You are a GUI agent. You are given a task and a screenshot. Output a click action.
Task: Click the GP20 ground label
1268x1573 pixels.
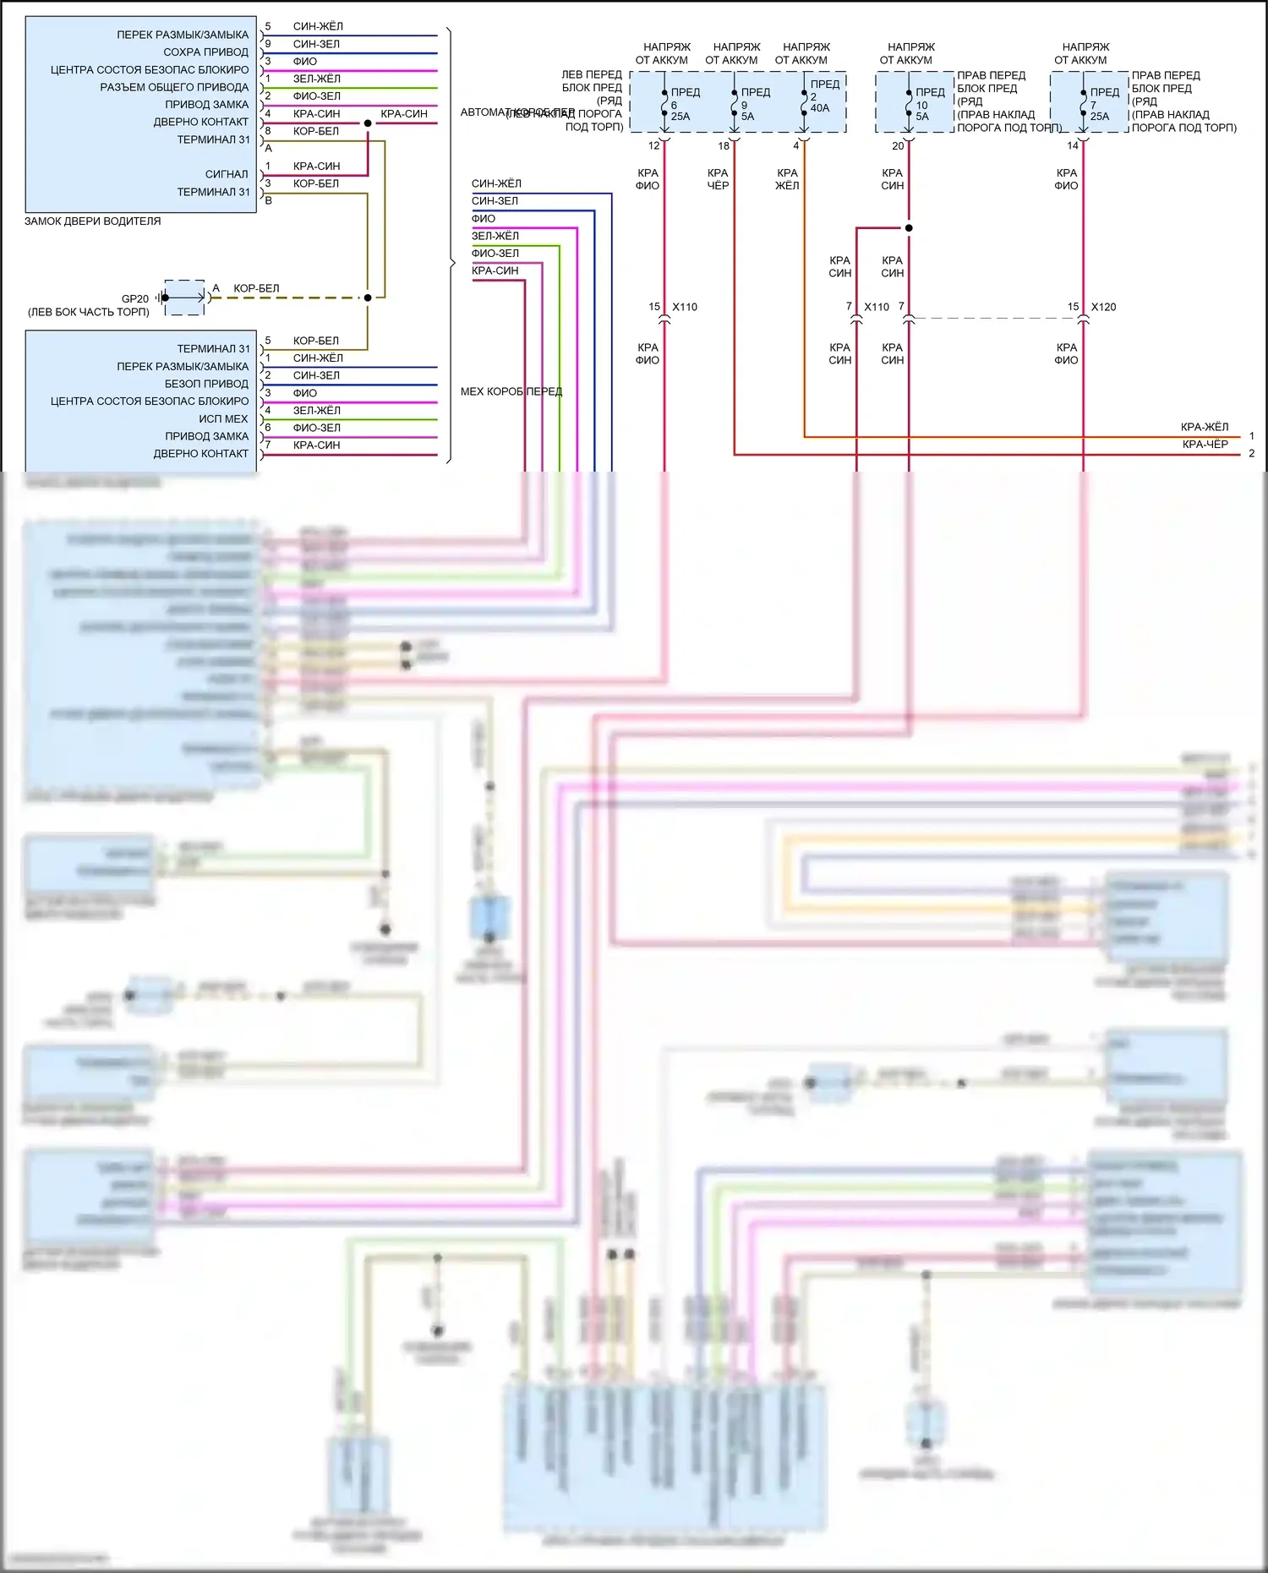coord(134,298)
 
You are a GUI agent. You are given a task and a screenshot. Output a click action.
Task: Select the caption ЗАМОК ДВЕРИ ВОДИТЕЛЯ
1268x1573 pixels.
coord(92,221)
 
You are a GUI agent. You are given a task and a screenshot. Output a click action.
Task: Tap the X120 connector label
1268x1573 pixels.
coord(1103,307)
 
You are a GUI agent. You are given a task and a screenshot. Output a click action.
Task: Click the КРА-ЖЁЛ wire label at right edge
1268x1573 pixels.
coord(1204,427)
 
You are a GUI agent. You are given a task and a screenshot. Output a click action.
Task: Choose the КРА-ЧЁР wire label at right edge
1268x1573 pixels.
coord(1205,444)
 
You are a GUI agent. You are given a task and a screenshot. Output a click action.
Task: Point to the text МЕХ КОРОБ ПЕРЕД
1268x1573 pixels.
coord(511,391)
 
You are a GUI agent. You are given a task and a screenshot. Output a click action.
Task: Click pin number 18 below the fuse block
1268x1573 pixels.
coord(724,145)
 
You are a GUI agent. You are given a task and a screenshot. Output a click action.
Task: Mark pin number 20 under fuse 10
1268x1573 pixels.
coord(898,145)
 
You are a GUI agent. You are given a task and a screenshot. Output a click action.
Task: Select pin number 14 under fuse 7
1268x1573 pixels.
coord(1072,145)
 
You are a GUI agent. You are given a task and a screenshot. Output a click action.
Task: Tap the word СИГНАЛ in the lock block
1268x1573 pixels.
coord(227,174)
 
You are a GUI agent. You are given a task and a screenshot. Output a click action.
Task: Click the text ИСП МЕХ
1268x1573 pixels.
coord(223,419)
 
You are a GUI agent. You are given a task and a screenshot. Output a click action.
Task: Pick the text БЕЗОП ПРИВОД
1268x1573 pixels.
coord(206,384)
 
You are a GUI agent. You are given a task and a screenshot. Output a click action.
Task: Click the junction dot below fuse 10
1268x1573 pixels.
coord(909,227)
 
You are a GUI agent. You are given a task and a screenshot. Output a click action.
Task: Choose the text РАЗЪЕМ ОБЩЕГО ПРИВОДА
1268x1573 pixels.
coord(174,87)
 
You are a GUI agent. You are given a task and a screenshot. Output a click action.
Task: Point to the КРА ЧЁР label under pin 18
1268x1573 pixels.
coord(718,179)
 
